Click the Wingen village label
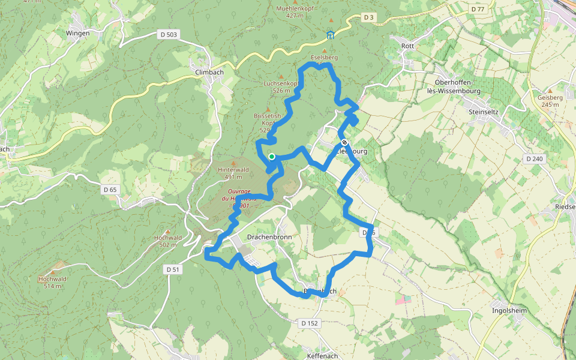click(x=77, y=33)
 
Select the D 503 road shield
click(x=169, y=35)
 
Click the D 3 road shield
click(x=368, y=17)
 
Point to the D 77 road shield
click(x=478, y=9)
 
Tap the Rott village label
click(x=407, y=46)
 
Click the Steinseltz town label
click(x=484, y=111)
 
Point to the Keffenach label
click(x=322, y=356)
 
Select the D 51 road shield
click(x=172, y=269)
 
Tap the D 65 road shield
click(x=110, y=190)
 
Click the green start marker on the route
click(x=272, y=157)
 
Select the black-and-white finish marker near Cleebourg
click(x=344, y=143)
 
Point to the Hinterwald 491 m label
click(x=233, y=173)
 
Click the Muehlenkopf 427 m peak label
click(x=296, y=12)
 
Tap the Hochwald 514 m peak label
click(x=53, y=282)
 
